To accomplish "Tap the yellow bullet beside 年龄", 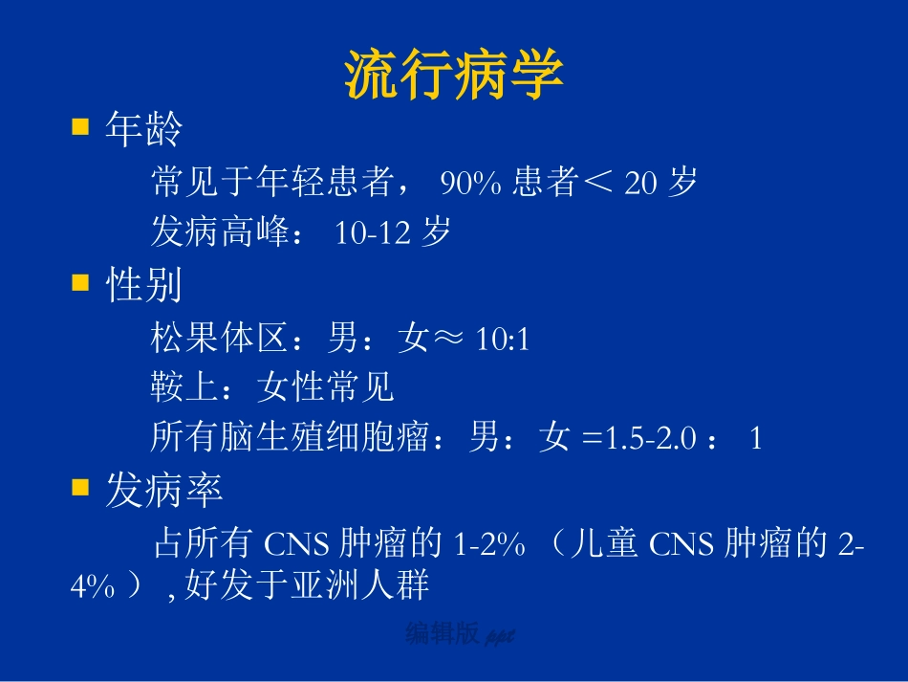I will pos(80,127).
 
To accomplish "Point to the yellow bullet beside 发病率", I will pos(80,489).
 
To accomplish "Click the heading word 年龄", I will pos(143,129).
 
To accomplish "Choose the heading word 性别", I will pos(143,285).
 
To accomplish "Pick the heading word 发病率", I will pos(163,492).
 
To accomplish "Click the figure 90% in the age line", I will pos(470,183).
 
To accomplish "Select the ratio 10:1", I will pos(503,339).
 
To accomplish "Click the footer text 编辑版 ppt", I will pos(460,634).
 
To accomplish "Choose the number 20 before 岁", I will pos(640,183).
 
